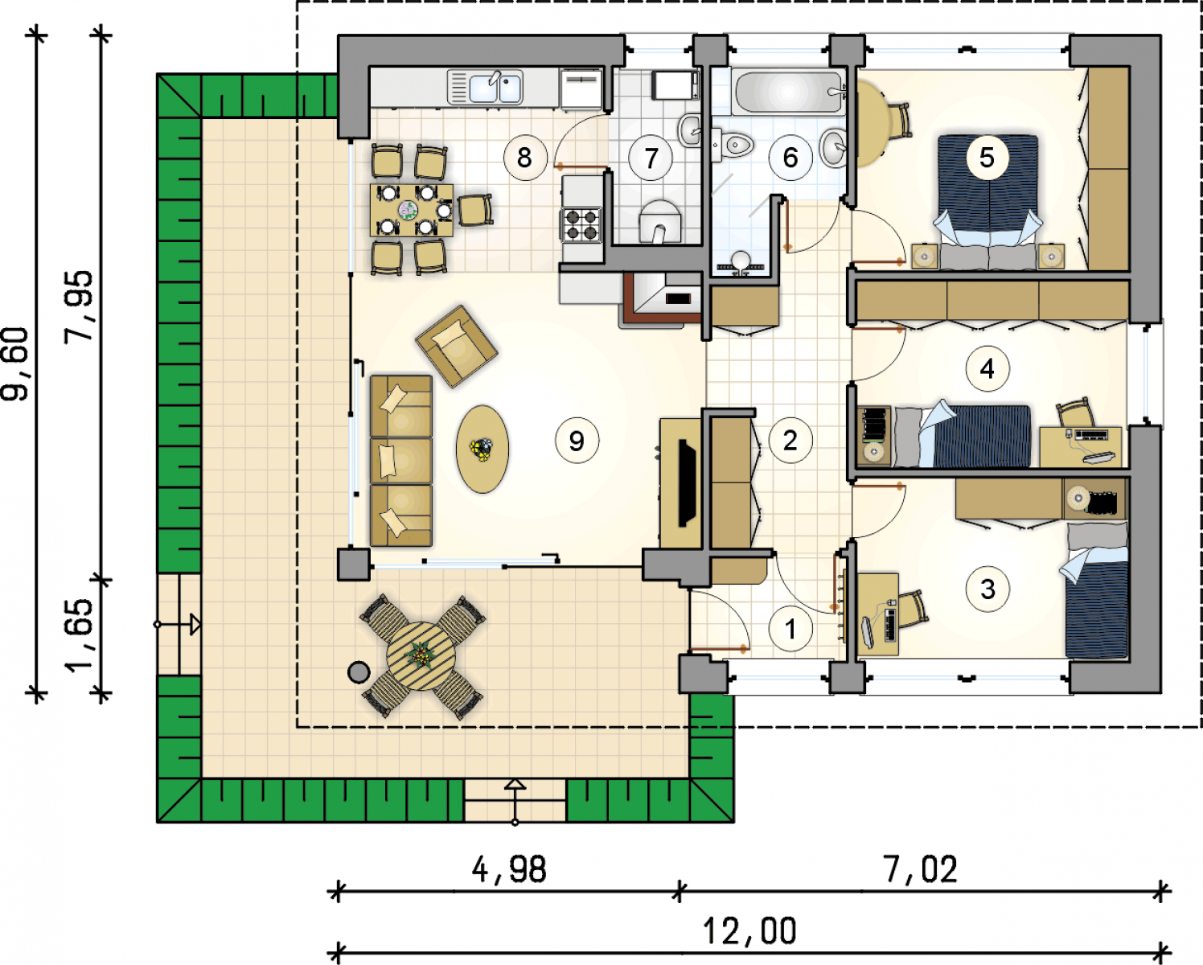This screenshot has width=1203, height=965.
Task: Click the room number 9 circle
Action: [x=577, y=441]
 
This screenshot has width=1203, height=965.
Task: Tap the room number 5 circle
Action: [x=987, y=158]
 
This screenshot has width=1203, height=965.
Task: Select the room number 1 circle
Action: [x=790, y=630]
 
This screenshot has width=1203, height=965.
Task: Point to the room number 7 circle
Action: [x=651, y=158]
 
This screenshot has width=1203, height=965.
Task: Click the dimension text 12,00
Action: [x=749, y=931]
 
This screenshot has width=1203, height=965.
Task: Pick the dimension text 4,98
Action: [x=509, y=870]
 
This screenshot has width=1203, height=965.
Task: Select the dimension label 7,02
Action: [x=920, y=870]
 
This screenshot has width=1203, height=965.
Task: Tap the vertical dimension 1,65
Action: [x=78, y=635]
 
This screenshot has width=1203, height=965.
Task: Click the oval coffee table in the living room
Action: [x=482, y=449]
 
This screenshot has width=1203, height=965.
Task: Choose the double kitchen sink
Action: [x=485, y=87]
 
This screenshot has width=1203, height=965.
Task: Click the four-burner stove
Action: [x=581, y=224]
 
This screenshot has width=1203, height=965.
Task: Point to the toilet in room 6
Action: [x=733, y=146]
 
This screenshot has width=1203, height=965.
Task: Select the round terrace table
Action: [x=421, y=656]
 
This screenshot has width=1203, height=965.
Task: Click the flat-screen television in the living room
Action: [x=686, y=483]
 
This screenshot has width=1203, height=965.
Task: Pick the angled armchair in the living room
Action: [x=456, y=346]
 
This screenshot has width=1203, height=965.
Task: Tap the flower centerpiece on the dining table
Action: [x=408, y=210]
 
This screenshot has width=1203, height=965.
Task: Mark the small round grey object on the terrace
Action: [x=359, y=672]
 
